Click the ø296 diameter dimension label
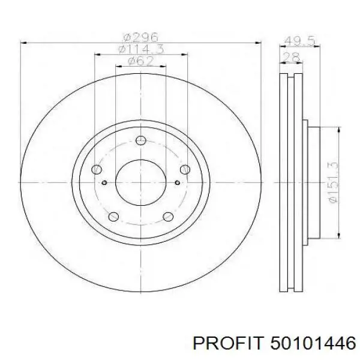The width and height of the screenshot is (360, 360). click(140, 37)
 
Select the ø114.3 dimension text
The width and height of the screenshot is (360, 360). click(141, 49)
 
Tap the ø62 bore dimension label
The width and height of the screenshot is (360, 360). click(141, 61)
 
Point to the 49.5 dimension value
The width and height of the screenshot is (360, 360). click(299, 41)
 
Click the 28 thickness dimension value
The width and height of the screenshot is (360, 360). click(290, 57)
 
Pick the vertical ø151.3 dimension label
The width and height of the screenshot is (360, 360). click(333, 182)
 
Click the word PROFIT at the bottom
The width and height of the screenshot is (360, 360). click(227, 344)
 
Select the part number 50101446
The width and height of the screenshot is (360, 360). click(313, 344)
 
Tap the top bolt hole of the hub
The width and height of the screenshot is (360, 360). click(141, 140)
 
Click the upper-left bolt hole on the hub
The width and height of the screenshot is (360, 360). click(97, 169)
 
